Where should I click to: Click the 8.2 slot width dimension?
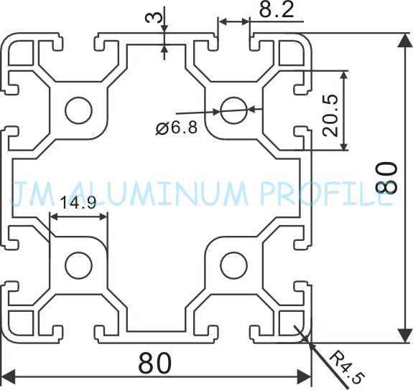(x=277, y=11)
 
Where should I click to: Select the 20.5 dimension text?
(x=330, y=115)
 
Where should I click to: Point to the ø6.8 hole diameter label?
(x=177, y=128)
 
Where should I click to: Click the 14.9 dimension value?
(x=78, y=202)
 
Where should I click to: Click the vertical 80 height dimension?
(x=386, y=178)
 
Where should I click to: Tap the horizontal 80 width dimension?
(x=155, y=363)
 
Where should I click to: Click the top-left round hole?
(x=79, y=110)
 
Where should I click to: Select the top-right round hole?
(x=234, y=110)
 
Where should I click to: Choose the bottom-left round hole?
(x=79, y=265)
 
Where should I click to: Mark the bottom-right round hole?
(x=234, y=265)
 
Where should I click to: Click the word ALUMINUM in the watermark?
(x=159, y=194)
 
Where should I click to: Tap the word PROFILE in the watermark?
(x=326, y=194)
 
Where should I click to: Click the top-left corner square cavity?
(x=21, y=52)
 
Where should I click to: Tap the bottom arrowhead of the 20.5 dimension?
(x=344, y=145)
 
